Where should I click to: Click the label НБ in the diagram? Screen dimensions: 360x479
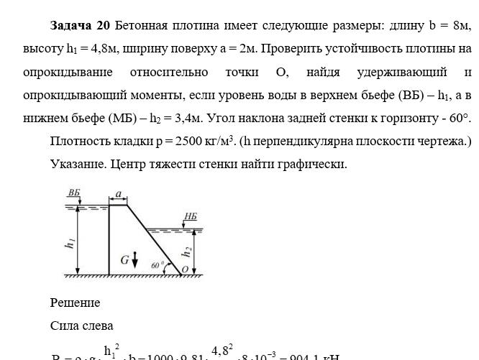(189, 216)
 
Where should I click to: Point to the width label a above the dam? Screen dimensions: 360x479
(118, 193)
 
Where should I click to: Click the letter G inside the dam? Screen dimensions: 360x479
(125, 259)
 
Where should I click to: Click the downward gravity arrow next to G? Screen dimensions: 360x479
(135, 259)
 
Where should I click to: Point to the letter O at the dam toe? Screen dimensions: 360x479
(186, 269)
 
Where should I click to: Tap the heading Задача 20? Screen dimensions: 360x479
(80, 26)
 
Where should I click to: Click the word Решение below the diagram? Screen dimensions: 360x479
(75, 303)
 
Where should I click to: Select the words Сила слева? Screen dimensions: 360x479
(82, 326)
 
